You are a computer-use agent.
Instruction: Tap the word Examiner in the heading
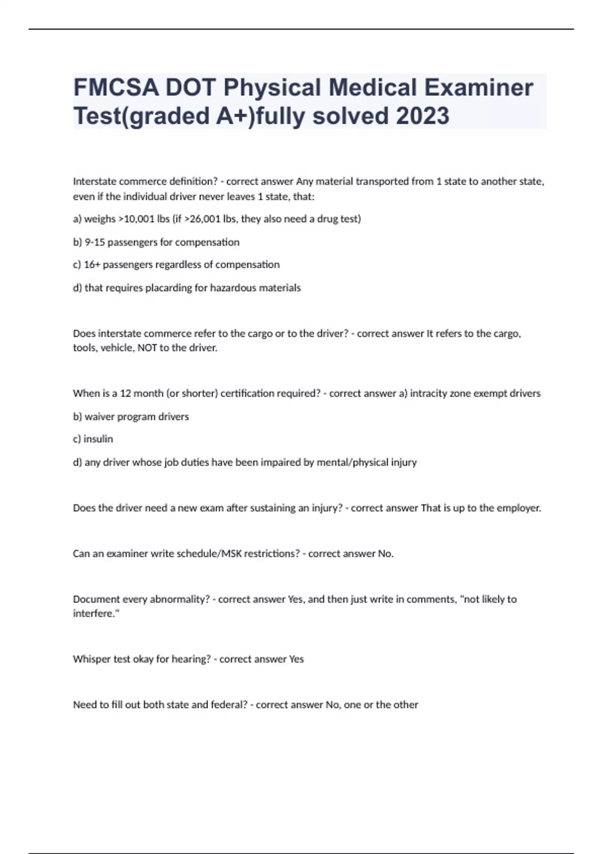(x=478, y=88)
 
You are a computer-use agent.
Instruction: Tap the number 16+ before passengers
(x=92, y=265)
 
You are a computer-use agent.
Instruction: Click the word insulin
(x=98, y=439)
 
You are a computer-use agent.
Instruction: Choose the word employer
(x=518, y=508)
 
